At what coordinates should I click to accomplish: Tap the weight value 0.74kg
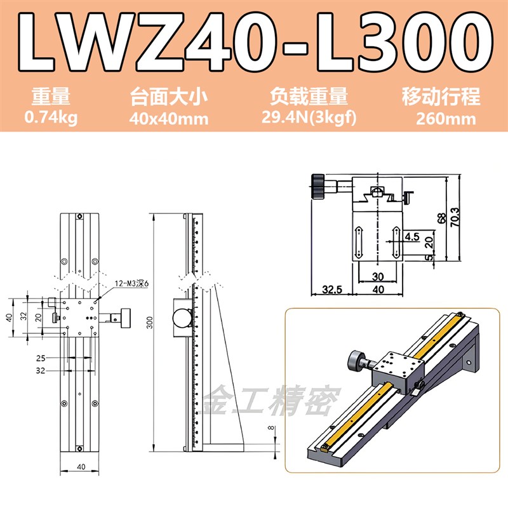[x=51, y=118]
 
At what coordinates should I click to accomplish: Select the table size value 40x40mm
[x=170, y=118]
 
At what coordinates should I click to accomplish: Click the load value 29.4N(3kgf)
[x=309, y=118]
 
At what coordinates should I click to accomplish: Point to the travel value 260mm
[x=441, y=118]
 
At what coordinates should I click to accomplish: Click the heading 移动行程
[x=441, y=97]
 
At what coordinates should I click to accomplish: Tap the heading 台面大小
[x=170, y=97]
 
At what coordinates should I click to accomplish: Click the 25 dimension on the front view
[x=41, y=358]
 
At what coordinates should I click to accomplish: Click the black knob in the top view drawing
[x=318, y=186]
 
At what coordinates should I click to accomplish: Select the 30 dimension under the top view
[x=378, y=277]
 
